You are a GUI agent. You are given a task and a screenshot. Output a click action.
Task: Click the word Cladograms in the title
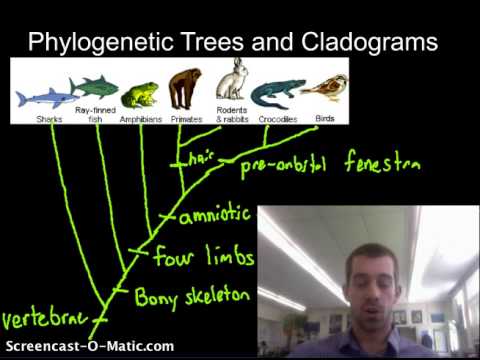[x=371, y=42]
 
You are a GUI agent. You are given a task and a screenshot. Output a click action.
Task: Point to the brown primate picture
[x=185, y=87]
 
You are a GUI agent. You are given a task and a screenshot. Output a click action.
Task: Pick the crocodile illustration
[x=275, y=94]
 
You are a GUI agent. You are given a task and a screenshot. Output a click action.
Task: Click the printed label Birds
[x=325, y=119]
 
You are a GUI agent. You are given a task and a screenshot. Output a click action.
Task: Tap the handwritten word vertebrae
[x=43, y=321]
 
